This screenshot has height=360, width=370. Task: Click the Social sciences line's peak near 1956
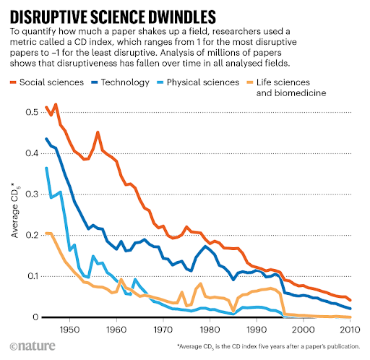[x=98, y=132]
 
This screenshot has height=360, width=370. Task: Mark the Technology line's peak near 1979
[x=206, y=247]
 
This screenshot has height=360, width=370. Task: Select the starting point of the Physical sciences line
[x=46, y=168]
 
